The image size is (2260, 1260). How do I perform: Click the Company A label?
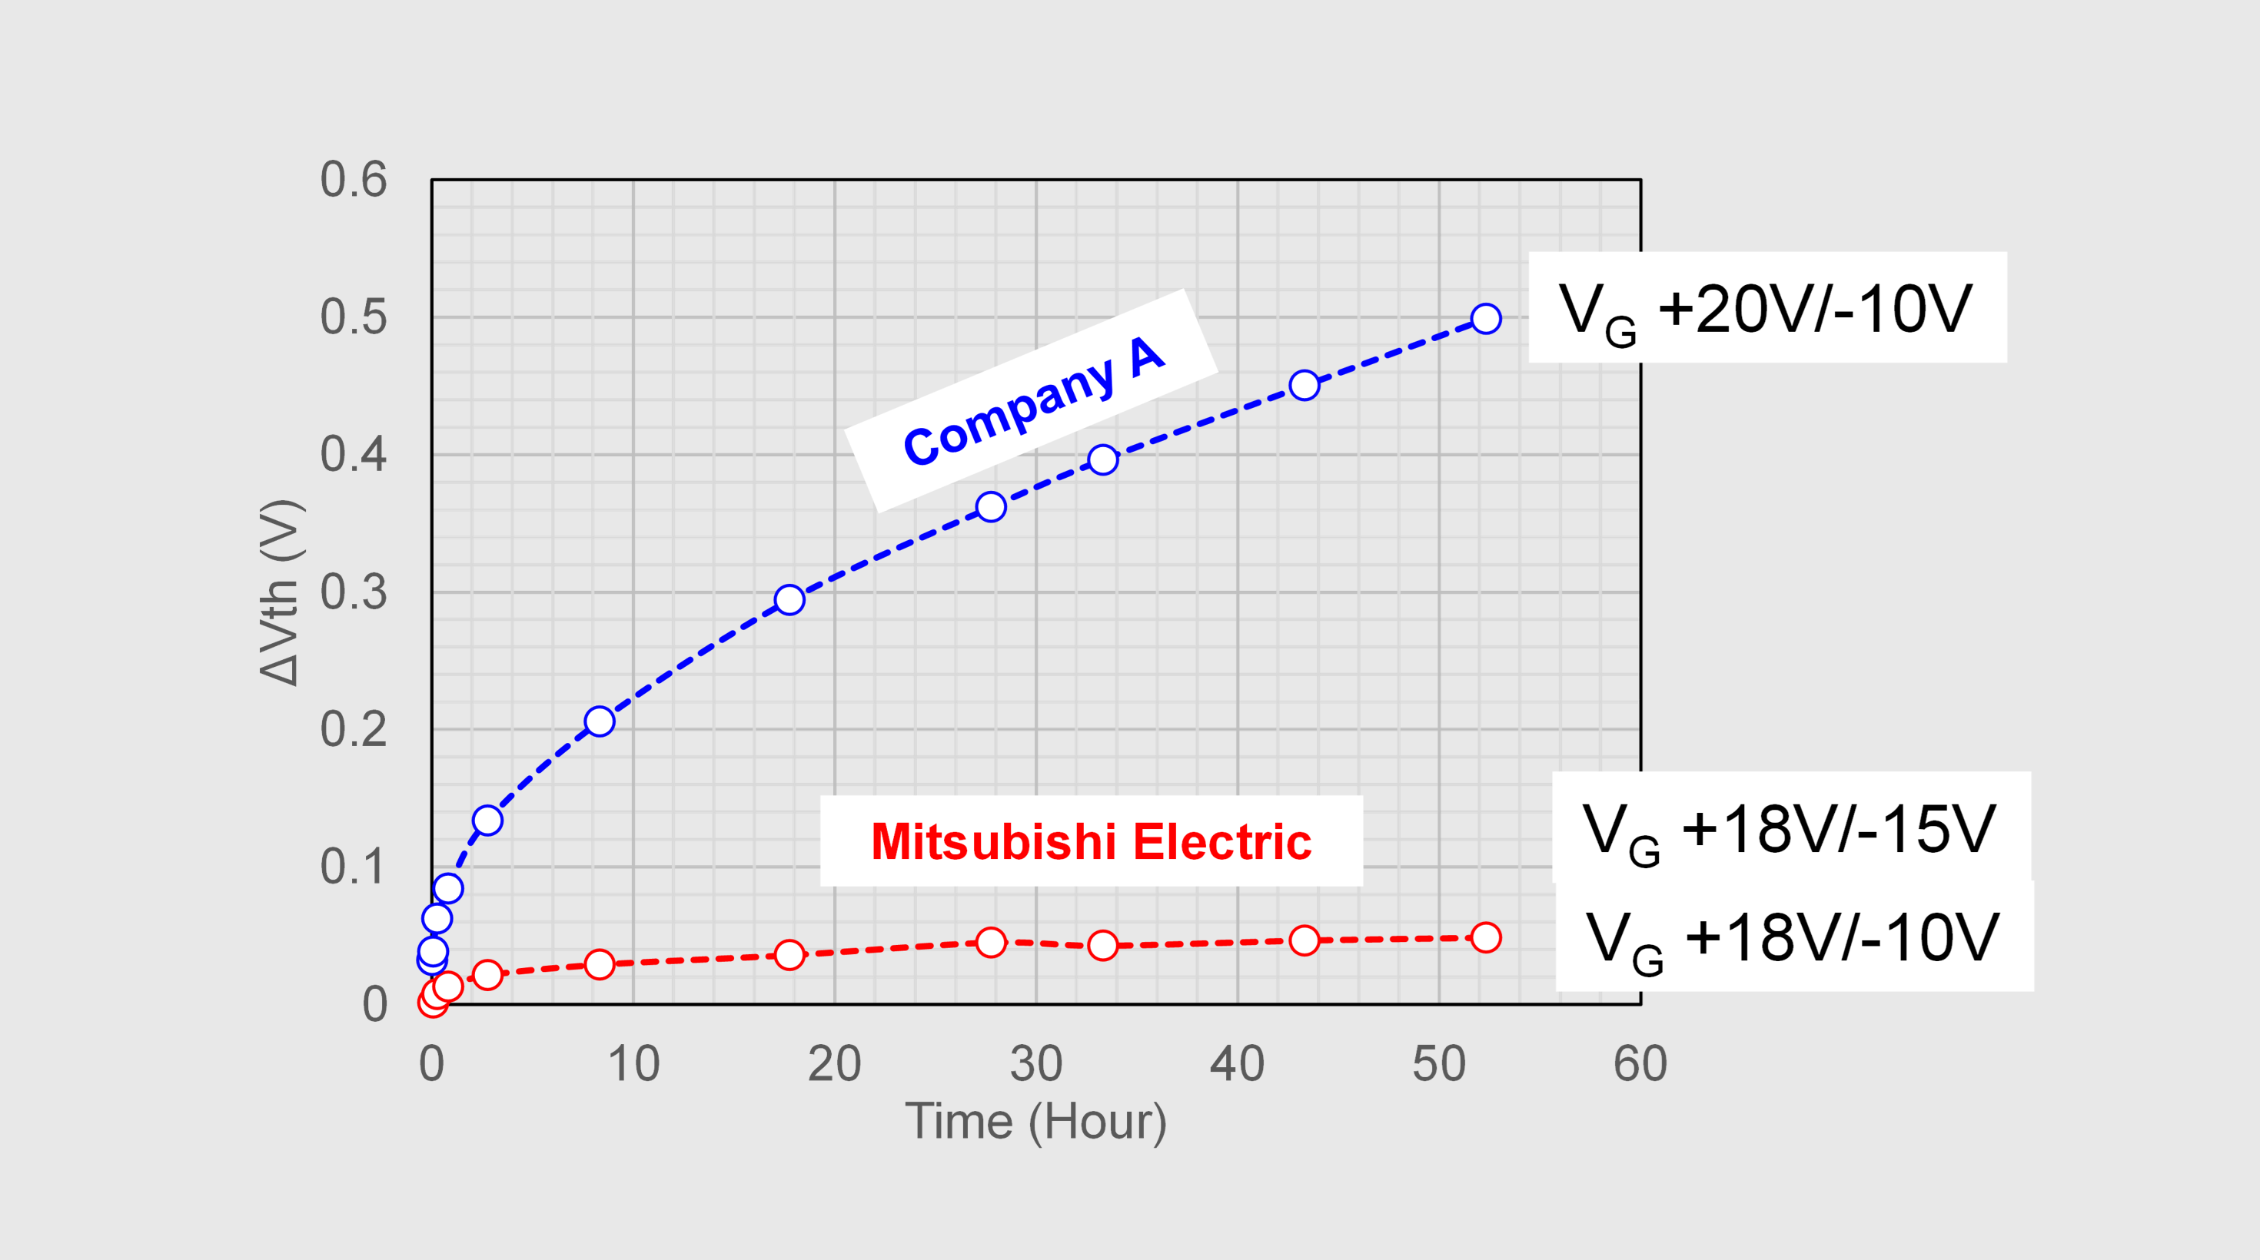pos(1032,403)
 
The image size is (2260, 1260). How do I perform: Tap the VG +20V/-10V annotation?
pos(1766,309)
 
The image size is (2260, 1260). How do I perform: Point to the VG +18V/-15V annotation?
pos(1790,828)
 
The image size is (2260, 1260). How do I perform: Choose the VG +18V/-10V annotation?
pos(1793,937)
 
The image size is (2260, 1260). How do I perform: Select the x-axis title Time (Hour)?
pos(1035,1122)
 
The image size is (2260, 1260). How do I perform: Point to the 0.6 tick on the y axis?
pos(353,180)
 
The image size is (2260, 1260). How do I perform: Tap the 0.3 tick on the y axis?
pos(353,592)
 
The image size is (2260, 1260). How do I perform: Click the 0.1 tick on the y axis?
pos(353,867)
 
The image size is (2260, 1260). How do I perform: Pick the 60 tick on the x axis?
pos(1640,1064)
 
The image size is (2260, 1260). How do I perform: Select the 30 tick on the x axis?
pos(1035,1064)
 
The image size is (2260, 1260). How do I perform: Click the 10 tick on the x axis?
pos(633,1064)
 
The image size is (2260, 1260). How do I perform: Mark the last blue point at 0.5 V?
pos(1485,318)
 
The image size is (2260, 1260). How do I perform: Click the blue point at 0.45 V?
pos(1304,385)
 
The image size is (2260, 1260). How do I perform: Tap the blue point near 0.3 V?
pos(789,600)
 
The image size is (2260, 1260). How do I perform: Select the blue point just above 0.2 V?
pos(600,721)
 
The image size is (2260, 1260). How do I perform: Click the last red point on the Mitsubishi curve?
pos(1485,937)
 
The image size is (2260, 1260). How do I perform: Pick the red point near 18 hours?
pos(789,954)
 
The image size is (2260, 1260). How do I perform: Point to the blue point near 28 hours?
pos(991,507)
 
